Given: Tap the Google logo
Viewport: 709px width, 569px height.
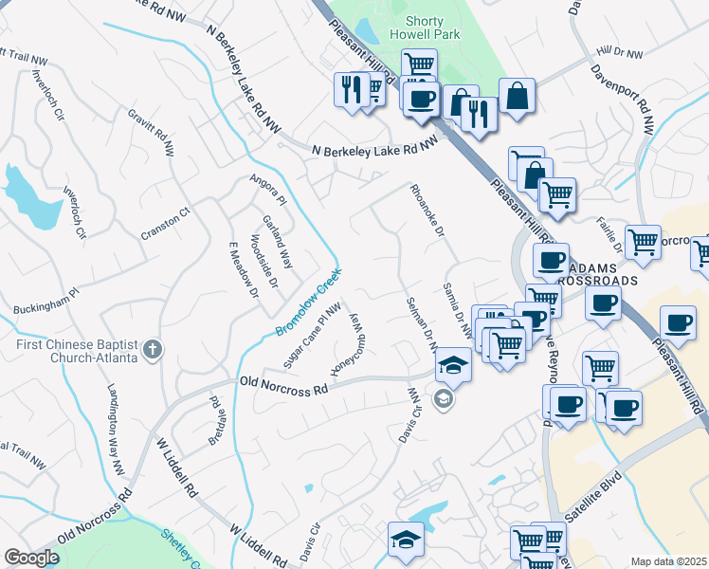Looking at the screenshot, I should (x=32, y=558).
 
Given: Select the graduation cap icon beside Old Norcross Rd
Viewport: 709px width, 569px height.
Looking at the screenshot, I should (x=454, y=368).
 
